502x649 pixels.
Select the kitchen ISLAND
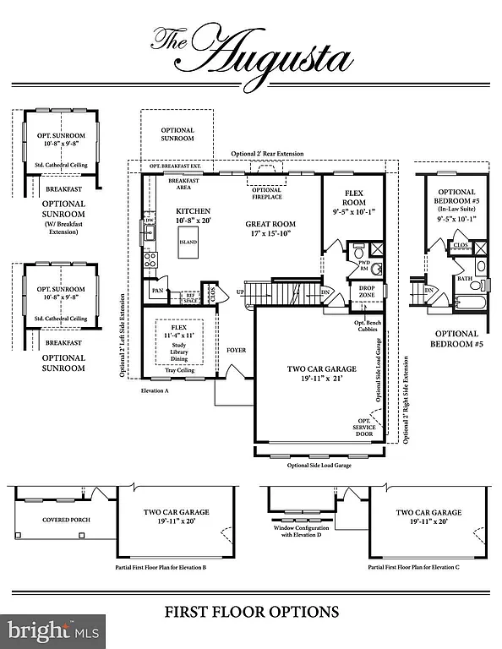(188, 243)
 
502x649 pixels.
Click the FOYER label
(236, 373)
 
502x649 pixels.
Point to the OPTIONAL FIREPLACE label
(266, 194)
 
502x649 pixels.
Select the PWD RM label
(364, 265)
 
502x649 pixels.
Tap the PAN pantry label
(156, 290)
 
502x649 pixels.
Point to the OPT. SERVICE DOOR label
(363, 428)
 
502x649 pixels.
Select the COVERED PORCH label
(66, 520)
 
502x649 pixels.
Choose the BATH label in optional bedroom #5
(465, 278)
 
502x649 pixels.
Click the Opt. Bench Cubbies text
(366, 325)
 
